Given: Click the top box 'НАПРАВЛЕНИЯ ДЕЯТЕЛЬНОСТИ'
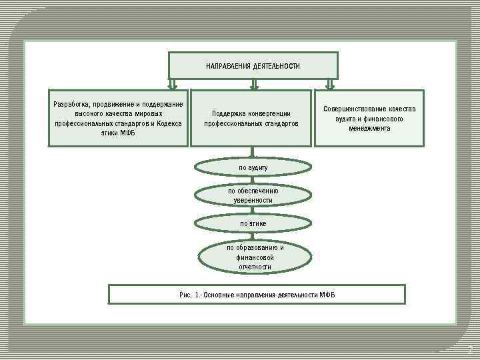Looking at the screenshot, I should pyautogui.click(x=253, y=66).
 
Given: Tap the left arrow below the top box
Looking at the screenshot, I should pyautogui.click(x=173, y=84).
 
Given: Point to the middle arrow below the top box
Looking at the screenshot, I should pyautogui.click(x=253, y=84).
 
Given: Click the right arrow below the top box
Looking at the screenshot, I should pyautogui.click(x=329, y=84).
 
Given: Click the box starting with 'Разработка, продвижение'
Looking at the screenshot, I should pyautogui.click(x=118, y=118).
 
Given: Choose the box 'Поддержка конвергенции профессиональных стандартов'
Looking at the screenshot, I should pyautogui.click(x=251, y=118).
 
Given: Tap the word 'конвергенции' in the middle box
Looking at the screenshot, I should pyautogui.click(x=269, y=113).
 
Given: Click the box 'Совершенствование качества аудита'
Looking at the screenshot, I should pyautogui.click(x=369, y=118).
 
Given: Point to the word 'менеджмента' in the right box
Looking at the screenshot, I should pyautogui.click(x=369, y=128).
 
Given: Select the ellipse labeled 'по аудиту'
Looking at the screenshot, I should pyautogui.click(x=253, y=167).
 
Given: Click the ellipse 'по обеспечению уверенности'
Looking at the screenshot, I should pyautogui.click(x=253, y=195).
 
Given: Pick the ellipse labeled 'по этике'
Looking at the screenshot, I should pyautogui.click(x=253, y=223).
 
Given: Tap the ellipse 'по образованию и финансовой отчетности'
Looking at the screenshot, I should pyautogui.click(x=255, y=257).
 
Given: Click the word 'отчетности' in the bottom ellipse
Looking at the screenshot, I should pyautogui.click(x=255, y=267).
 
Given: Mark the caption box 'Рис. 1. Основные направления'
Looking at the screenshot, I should pyautogui.click(x=257, y=294).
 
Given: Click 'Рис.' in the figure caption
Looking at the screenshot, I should pyautogui.click(x=185, y=294).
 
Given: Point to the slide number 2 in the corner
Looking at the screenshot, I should pyautogui.click(x=469, y=349).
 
